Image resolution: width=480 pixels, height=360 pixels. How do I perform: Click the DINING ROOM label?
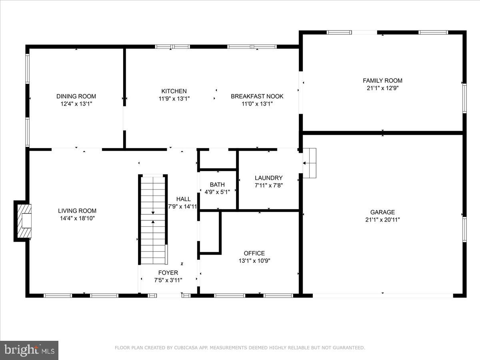point(76,96)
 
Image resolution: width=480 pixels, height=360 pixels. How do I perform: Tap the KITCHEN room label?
point(174,91)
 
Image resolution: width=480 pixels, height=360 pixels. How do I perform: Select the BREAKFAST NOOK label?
point(257,96)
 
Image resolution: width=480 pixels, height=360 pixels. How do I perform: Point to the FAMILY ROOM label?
point(382,81)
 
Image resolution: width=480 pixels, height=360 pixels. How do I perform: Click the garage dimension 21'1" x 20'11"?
point(382,220)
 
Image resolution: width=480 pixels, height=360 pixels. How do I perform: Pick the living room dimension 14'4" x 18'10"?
point(77,218)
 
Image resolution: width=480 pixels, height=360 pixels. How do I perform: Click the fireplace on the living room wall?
point(23,221)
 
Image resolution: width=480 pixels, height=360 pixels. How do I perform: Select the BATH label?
point(217,185)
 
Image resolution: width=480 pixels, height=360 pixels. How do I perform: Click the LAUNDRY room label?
point(268,178)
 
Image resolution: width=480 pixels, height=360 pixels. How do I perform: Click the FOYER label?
point(168,273)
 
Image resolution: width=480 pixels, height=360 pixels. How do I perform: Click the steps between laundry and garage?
point(309,163)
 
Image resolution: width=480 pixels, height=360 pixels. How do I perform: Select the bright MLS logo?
point(29,350)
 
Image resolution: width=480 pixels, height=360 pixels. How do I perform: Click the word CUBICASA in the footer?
point(185,348)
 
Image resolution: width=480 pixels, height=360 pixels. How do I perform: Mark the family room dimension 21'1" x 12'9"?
point(382,88)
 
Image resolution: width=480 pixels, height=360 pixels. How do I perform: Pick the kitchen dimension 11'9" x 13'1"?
point(174,98)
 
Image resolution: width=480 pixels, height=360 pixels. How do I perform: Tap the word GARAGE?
point(382,212)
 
